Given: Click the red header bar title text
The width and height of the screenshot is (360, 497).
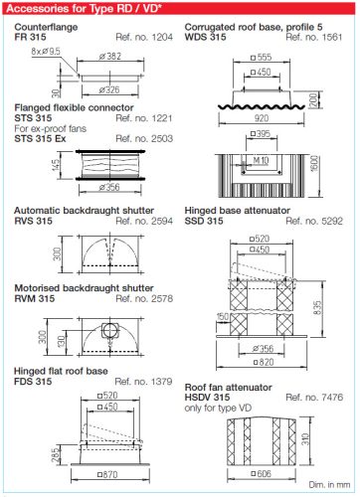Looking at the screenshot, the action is pyautogui.click(x=84, y=8).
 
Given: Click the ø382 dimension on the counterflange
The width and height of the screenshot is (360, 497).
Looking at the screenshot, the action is pyautogui.click(x=110, y=57).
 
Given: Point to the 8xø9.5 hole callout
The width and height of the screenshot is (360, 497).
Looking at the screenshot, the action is pyautogui.click(x=46, y=52).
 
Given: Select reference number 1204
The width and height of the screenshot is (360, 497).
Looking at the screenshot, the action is pyautogui.click(x=144, y=37).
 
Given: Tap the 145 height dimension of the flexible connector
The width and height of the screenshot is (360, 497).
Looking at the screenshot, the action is pyautogui.click(x=56, y=165).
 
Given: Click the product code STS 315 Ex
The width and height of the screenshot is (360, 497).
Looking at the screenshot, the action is pyautogui.click(x=40, y=138).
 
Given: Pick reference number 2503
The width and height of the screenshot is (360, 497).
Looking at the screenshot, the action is pyautogui.click(x=144, y=138).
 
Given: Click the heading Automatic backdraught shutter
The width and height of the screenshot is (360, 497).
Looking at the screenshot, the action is pyautogui.click(x=84, y=211).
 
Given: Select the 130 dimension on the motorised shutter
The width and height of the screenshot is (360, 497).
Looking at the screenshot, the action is pyautogui.click(x=62, y=342).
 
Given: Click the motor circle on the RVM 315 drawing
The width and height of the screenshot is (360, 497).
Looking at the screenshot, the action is pyautogui.click(x=109, y=330).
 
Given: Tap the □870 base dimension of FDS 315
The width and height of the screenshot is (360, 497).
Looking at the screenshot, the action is pyautogui.click(x=107, y=474).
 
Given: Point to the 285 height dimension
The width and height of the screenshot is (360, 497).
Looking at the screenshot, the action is pyautogui.click(x=57, y=454).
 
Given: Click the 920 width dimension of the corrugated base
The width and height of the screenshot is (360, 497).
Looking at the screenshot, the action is pyautogui.click(x=262, y=118).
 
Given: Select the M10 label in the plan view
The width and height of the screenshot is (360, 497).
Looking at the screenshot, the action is pyautogui.click(x=261, y=161).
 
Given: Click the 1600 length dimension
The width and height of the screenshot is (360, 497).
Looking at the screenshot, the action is pyautogui.click(x=315, y=163).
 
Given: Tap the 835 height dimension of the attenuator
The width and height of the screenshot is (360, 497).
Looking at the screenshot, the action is pyautogui.click(x=317, y=308).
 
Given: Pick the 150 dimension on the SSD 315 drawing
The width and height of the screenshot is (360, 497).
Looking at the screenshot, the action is pyautogui.click(x=223, y=317).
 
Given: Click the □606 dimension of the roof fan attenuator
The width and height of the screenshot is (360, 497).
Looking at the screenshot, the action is pyautogui.click(x=262, y=474).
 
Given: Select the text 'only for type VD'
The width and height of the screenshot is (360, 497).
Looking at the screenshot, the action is pyautogui.click(x=218, y=408).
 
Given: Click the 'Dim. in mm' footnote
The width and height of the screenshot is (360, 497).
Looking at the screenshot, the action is pyautogui.click(x=329, y=485).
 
